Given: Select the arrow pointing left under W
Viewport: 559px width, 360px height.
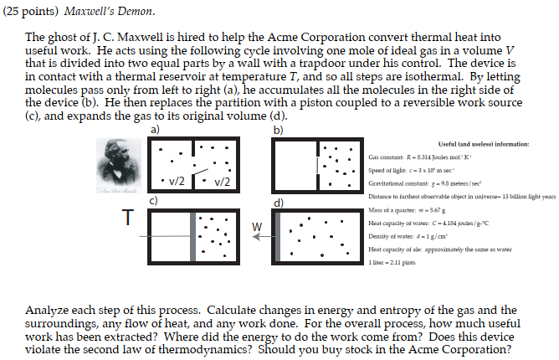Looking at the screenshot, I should pyautogui.click(x=267, y=237).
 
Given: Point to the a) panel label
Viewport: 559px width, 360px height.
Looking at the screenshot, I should pyautogui.click(x=156, y=131).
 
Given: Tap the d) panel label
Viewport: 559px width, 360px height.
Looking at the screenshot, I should pyautogui.click(x=278, y=202).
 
